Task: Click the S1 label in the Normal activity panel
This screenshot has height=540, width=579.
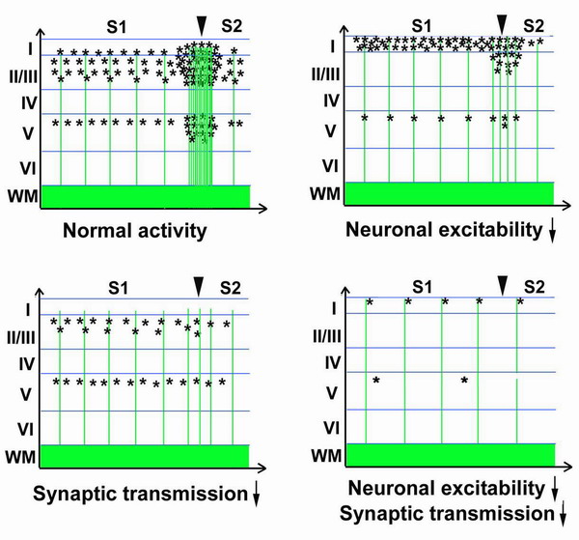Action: pos(117,27)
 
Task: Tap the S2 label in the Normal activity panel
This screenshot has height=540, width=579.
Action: pos(232,26)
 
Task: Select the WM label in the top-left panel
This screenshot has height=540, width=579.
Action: pos(23,196)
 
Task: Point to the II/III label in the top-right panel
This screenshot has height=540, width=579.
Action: pos(325,74)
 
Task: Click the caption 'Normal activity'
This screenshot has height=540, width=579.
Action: pos(135,231)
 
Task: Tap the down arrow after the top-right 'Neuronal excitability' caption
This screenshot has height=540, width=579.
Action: pos(552,232)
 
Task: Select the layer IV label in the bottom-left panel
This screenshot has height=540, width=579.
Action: pos(27,364)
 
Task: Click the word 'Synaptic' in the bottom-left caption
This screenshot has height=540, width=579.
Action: pos(77,495)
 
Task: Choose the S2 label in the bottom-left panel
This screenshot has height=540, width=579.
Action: pos(231,288)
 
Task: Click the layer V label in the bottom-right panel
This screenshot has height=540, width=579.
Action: pos(332,393)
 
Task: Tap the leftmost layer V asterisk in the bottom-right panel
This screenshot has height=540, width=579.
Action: pos(376,380)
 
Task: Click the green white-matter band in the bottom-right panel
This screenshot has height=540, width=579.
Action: pos(451,455)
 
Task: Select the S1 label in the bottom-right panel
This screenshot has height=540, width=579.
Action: pos(423,287)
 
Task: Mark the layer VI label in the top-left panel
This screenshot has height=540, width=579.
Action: pos(28,168)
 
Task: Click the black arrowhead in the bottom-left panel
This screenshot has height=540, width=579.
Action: pos(199,287)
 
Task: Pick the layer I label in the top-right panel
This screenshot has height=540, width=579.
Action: pos(333,47)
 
